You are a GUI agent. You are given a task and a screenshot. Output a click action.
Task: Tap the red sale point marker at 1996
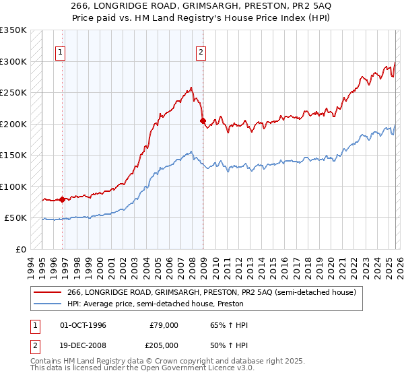point(63,199)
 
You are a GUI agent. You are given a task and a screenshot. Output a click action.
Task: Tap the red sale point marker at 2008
point(203,121)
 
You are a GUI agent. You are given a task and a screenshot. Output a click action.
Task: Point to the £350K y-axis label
point(13,30)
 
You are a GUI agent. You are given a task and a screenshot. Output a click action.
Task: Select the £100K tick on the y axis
point(13,186)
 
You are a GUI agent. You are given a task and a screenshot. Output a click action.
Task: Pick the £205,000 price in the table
point(164,345)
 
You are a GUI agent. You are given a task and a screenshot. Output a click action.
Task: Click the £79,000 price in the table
point(164,325)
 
